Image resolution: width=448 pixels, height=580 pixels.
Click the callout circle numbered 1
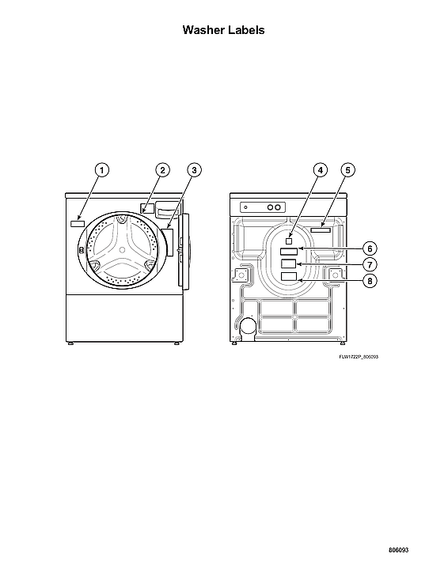point(102,169)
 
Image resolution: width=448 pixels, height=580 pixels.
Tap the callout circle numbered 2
point(161,169)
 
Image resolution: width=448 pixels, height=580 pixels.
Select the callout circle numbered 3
point(195,169)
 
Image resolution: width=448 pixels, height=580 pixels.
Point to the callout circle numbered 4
point(320,169)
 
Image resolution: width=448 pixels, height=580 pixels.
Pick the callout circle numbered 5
point(348,169)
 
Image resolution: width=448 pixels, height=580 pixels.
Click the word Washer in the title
point(203,30)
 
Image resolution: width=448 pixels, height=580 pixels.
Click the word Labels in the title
point(245,30)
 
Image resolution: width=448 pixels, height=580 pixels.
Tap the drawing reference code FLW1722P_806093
point(358,357)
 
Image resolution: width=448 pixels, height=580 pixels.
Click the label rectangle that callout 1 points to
point(77,224)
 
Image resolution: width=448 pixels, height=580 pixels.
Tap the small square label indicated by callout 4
point(290,236)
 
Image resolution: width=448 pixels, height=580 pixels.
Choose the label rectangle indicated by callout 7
point(290,263)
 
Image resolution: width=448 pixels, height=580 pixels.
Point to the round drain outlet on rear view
point(248,325)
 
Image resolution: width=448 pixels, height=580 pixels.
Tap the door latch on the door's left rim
point(82,250)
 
